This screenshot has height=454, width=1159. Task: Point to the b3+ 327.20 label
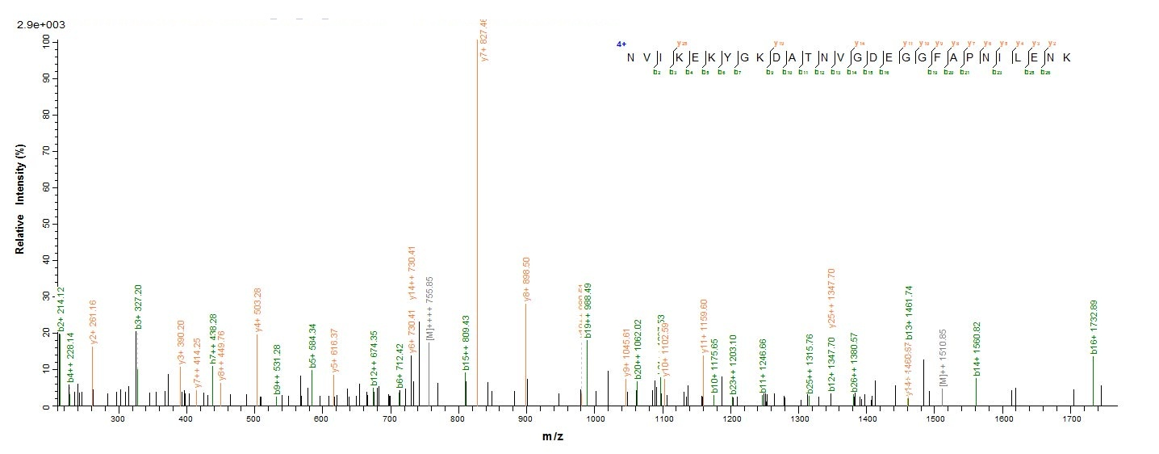pos(138,307)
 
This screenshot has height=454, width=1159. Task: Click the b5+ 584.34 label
pos(312,346)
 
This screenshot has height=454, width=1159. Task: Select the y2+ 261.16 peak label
pos(94,322)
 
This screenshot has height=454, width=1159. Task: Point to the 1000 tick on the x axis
pos(594,420)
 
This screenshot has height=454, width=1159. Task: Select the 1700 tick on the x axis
pos(1071,420)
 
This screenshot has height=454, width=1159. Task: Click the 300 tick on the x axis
pos(118,420)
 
